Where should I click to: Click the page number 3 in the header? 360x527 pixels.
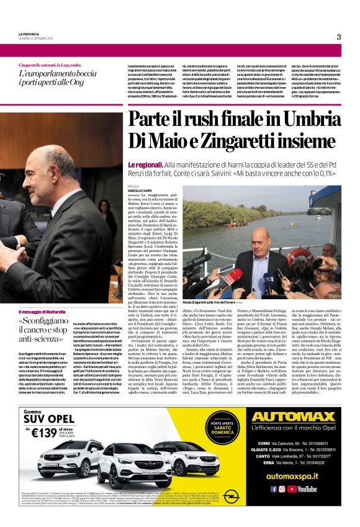click(x=339, y=37)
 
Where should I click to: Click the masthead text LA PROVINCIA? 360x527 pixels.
click(x=30, y=34)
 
